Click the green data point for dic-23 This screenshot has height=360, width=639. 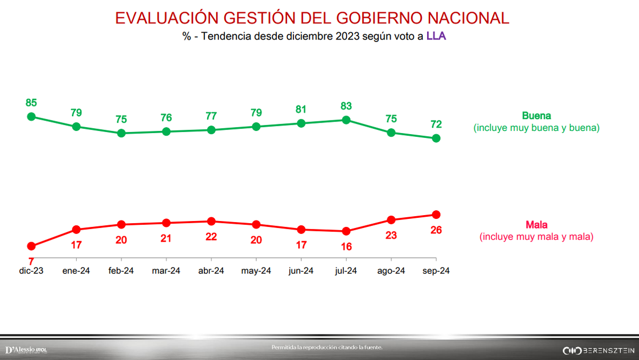pyautogui.click(x=31, y=117)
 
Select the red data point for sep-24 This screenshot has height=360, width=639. pyautogui.click(x=436, y=215)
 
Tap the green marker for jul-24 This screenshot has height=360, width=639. pyautogui.click(x=346, y=120)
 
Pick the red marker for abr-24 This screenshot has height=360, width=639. pyautogui.click(x=211, y=221)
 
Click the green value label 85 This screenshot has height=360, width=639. pyautogui.click(x=31, y=103)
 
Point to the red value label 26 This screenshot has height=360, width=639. pyautogui.click(x=436, y=230)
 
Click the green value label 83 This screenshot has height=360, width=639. pyautogui.click(x=346, y=106)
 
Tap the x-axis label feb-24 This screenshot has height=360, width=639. pyautogui.click(x=121, y=271)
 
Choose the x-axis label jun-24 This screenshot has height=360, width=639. pyautogui.click(x=301, y=271)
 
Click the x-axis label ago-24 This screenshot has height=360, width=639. pyautogui.click(x=391, y=271)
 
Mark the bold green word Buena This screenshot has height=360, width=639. pyautogui.click(x=536, y=116)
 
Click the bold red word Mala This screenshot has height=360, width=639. pyautogui.click(x=536, y=225)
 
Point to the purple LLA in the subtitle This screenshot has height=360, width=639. pyautogui.click(x=438, y=37)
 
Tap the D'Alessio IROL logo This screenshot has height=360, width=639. pyautogui.click(x=26, y=350)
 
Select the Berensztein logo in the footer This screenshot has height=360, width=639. pyautogui.click(x=599, y=350)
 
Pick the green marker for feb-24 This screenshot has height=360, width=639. pyautogui.click(x=121, y=133)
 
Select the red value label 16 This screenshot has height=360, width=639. pyautogui.click(x=346, y=247)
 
